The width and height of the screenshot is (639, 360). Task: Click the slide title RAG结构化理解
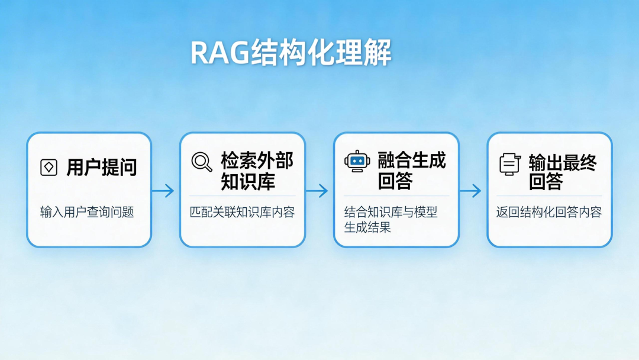pos(291,53)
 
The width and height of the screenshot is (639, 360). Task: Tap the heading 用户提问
pos(101,168)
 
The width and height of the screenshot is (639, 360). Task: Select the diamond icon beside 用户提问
pos(49,168)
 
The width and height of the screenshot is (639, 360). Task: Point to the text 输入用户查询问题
pos(87,212)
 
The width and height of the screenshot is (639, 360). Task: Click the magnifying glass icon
pos(202,162)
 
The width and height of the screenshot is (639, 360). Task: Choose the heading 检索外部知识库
pos(257,171)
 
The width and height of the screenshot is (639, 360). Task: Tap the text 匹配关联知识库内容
pos(242,212)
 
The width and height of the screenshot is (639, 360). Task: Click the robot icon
pos(357,161)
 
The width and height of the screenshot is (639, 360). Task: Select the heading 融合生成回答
pos(412,171)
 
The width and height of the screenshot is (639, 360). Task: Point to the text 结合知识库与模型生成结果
pos(390,219)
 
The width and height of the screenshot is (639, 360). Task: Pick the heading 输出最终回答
pos(563,172)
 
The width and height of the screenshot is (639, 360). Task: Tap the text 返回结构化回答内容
pos(548,212)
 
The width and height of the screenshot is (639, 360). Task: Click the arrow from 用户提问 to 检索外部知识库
pos(163,191)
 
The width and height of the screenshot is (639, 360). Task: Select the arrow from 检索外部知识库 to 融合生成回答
pos(317,191)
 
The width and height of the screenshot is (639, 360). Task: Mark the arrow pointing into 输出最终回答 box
pos(470,191)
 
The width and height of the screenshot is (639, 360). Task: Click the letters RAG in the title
pos(220,53)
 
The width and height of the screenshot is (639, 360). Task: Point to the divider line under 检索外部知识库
pos(243,196)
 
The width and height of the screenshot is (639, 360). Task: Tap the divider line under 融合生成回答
pos(396,196)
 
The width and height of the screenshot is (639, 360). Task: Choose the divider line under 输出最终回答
pos(549,196)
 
